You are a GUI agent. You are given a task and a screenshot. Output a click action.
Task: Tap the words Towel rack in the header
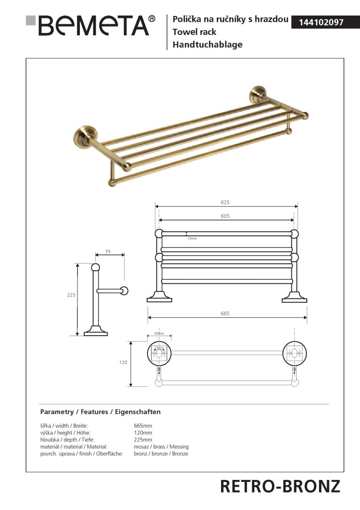pyautogui.click(x=195, y=32)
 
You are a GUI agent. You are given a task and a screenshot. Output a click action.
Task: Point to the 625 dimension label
pyautogui.click(x=225, y=201)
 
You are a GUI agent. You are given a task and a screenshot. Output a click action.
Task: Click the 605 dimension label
pyautogui.click(x=225, y=216)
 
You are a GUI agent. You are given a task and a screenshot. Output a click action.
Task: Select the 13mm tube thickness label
pyautogui.click(x=192, y=238)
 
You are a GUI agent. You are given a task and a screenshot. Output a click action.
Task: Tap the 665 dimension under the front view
pyautogui.click(x=225, y=313)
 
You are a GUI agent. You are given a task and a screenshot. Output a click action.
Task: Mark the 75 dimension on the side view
pyautogui.click(x=107, y=252)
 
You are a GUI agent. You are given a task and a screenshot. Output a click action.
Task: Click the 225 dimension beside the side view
pyautogui.click(x=71, y=294)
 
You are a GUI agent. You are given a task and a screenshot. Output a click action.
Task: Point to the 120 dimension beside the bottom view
pyautogui.click(x=124, y=362)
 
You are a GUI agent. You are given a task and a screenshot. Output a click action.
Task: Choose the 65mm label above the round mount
pyautogui.click(x=159, y=334)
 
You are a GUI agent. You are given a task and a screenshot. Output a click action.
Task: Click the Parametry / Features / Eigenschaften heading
pyautogui.click(x=100, y=412)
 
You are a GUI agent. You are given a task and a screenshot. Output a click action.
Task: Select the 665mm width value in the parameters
pyautogui.click(x=143, y=425)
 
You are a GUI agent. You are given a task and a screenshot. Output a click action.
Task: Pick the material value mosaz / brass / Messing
pyautogui.click(x=161, y=447)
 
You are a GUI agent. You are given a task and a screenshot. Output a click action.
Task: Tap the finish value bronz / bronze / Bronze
pyautogui.click(x=161, y=453)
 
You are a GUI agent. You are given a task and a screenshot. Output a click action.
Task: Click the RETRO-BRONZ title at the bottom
pyautogui.click(x=280, y=486)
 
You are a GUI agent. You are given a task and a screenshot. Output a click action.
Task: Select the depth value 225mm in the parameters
pyautogui.click(x=143, y=440)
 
